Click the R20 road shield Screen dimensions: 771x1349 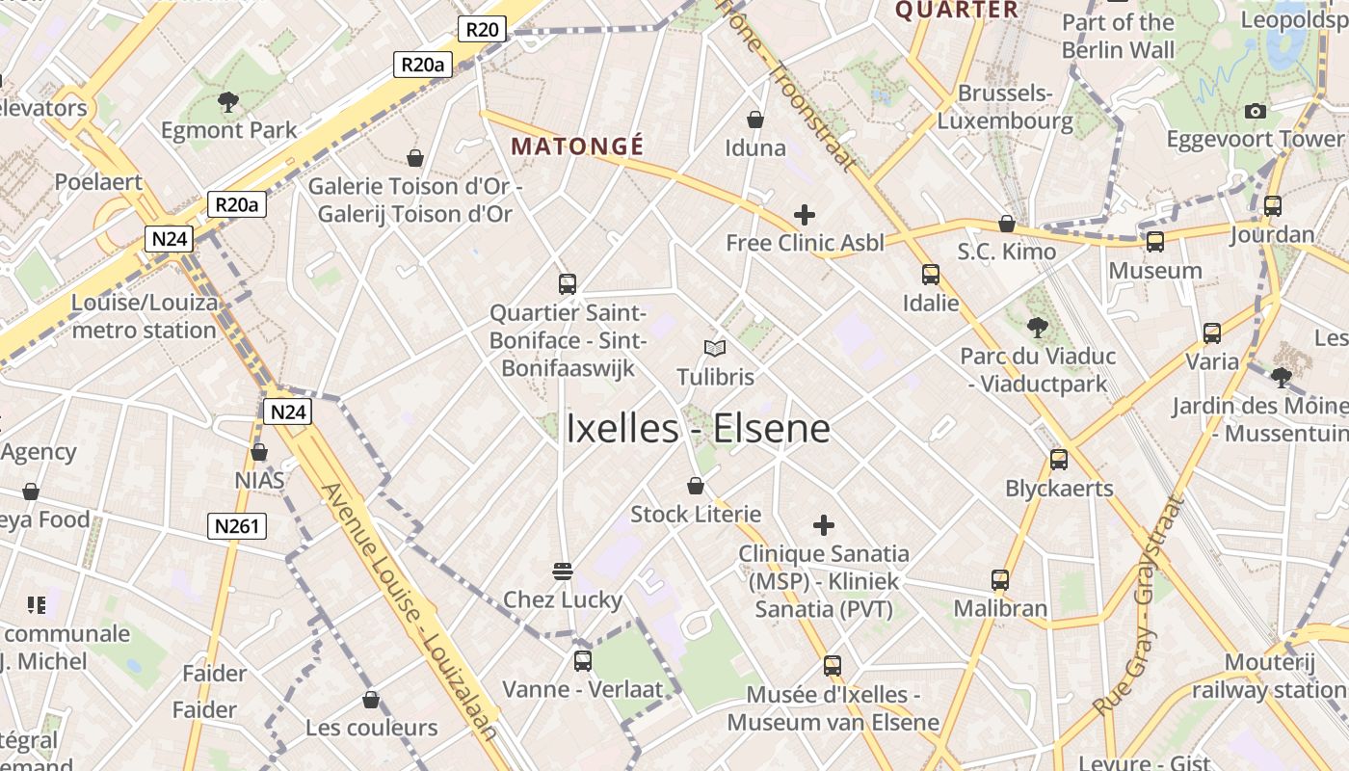pyautogui.click(x=482, y=29)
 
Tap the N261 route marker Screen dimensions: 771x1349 pyautogui.click(x=237, y=525)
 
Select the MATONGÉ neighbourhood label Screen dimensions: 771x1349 pyautogui.click(x=577, y=146)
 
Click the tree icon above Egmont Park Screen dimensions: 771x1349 pyautogui.click(x=228, y=101)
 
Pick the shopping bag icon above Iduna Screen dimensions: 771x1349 pyautogui.click(x=755, y=120)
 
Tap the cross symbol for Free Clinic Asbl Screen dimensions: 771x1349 pyautogui.click(x=804, y=215)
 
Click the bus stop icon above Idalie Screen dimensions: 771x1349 pyautogui.click(x=930, y=275)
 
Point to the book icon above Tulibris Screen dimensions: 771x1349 pyautogui.click(x=714, y=348)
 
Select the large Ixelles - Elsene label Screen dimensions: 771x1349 pyautogui.click(x=698, y=429)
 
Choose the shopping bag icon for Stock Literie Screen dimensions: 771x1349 pyautogui.click(x=696, y=486)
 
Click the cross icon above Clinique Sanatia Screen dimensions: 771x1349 pyautogui.click(x=823, y=525)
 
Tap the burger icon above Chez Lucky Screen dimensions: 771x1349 pyautogui.click(x=563, y=571)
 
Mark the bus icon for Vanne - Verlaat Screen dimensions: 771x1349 pyautogui.click(x=582, y=661)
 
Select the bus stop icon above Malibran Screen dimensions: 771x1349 pyautogui.click(x=1000, y=580)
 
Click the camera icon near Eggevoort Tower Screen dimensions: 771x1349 pyautogui.click(x=1255, y=111)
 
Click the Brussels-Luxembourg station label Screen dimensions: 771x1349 pyautogui.click(x=1005, y=107)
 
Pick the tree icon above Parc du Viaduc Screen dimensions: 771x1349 pyautogui.click(x=1037, y=328)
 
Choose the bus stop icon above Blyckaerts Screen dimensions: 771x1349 pyautogui.click(x=1059, y=460)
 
